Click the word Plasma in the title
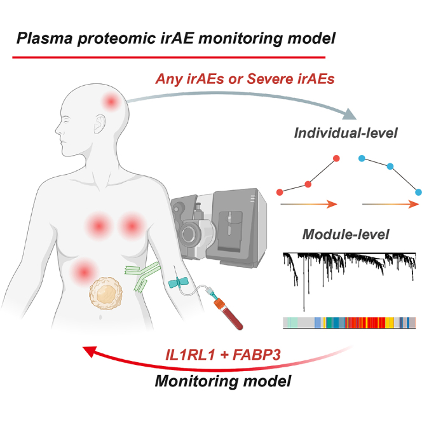click(44, 38)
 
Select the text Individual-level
click(346, 133)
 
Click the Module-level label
click(346, 234)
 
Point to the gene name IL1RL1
click(190, 355)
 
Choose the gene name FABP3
click(257, 355)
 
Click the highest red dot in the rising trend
click(336, 158)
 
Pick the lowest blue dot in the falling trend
click(418, 192)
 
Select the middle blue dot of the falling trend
click(390, 167)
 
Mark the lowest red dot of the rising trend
click(280, 192)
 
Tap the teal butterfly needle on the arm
click(178, 283)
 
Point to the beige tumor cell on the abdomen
click(105, 294)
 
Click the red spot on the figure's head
click(111, 102)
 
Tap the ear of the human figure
click(100, 124)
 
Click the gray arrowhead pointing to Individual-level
click(350, 114)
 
